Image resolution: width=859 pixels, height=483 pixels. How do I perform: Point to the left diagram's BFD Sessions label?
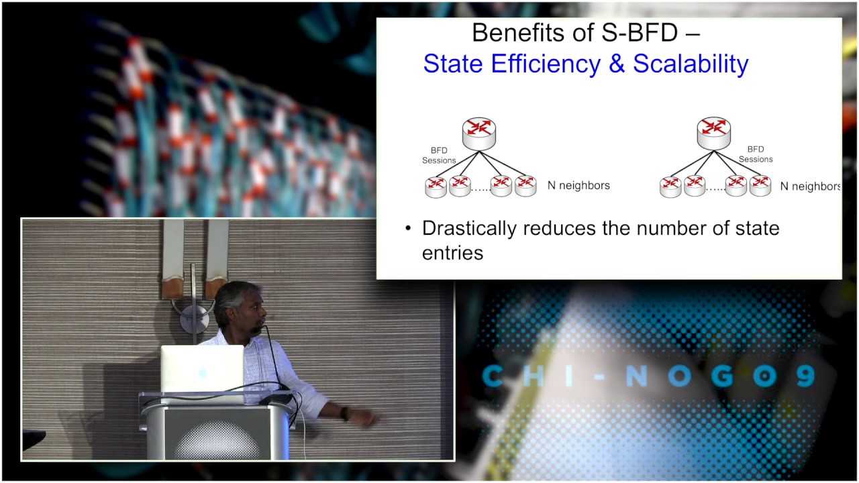pos(438,156)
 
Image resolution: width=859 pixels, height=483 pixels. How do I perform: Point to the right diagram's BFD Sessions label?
pos(756,154)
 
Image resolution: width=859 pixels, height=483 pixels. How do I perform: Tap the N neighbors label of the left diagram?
pos(578,185)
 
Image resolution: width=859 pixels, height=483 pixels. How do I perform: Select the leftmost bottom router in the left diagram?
pos(436,186)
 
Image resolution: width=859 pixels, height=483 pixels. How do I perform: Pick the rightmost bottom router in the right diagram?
pos(760,185)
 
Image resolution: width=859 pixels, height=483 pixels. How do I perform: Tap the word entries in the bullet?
pos(452,253)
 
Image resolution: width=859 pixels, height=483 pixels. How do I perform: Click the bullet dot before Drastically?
pos(407,229)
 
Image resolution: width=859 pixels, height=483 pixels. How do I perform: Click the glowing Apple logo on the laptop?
pos(202,373)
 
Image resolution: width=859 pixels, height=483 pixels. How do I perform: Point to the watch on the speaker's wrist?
pos(345,413)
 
